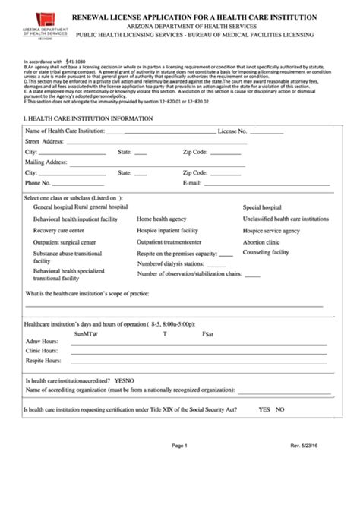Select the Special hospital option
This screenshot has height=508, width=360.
click(262, 207)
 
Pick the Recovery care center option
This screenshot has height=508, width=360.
click(58, 230)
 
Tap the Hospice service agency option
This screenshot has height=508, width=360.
click(271, 230)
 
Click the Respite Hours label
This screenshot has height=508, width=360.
click(44, 361)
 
